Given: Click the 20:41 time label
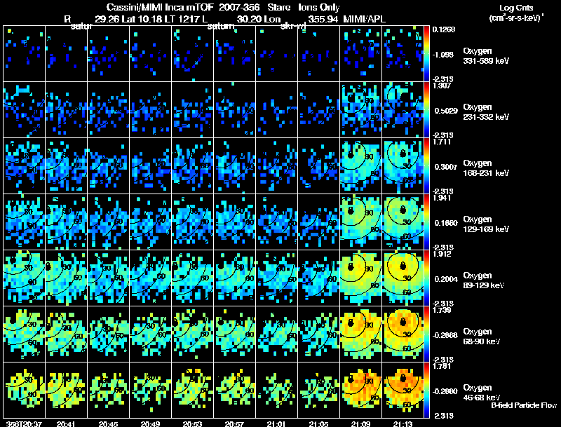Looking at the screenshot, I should (x=66, y=423).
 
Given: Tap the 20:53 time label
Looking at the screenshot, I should (x=192, y=423).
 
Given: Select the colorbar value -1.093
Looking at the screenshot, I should (x=445, y=53).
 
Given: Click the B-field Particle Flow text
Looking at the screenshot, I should (x=524, y=405).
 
